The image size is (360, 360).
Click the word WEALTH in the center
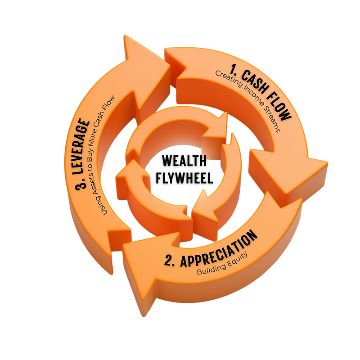coord(184,161)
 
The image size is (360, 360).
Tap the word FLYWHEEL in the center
coord(184,177)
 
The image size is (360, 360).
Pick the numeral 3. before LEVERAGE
coord(81,184)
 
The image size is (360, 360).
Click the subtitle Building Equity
coord(222,263)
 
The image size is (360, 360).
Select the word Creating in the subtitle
coord(229,78)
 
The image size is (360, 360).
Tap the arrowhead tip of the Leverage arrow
coord(125,36)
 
